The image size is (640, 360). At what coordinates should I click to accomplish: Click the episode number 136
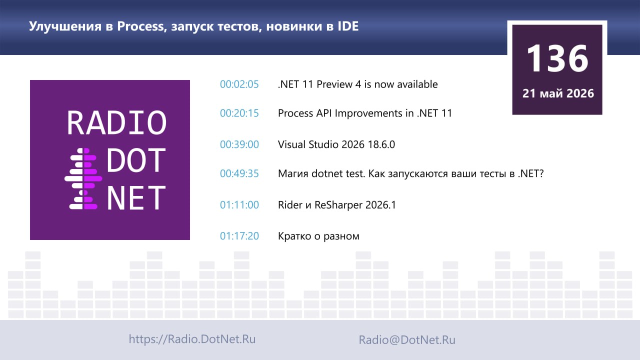[557, 58]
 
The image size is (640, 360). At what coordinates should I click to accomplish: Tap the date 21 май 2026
[558, 93]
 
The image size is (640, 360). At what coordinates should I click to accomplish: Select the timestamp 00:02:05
[239, 84]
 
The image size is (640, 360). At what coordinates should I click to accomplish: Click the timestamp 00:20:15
[239, 113]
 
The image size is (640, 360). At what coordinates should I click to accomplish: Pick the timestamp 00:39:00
[239, 144]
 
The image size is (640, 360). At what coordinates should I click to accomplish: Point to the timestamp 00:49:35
[239, 173]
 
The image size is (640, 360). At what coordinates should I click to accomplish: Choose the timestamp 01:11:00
[239, 205]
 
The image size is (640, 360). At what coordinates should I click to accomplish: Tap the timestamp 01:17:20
[239, 236]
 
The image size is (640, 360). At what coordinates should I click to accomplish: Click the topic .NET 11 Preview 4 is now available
[357, 84]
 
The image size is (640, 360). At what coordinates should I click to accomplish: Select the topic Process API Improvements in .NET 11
[365, 113]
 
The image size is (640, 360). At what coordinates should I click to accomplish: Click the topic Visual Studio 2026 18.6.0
[336, 144]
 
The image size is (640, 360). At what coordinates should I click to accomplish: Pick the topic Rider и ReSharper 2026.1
[337, 205]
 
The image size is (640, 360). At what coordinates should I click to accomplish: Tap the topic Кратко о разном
[318, 236]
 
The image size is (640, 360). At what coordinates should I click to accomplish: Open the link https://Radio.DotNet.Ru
[192, 339]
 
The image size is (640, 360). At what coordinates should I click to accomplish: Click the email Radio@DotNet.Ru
[407, 339]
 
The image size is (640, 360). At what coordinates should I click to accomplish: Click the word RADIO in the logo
[116, 122]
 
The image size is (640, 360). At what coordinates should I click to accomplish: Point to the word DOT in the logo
[136, 160]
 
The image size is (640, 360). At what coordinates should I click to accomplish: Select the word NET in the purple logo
[136, 197]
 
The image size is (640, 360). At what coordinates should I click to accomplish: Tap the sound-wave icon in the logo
[83, 178]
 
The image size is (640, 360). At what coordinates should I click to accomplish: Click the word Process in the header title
[140, 26]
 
